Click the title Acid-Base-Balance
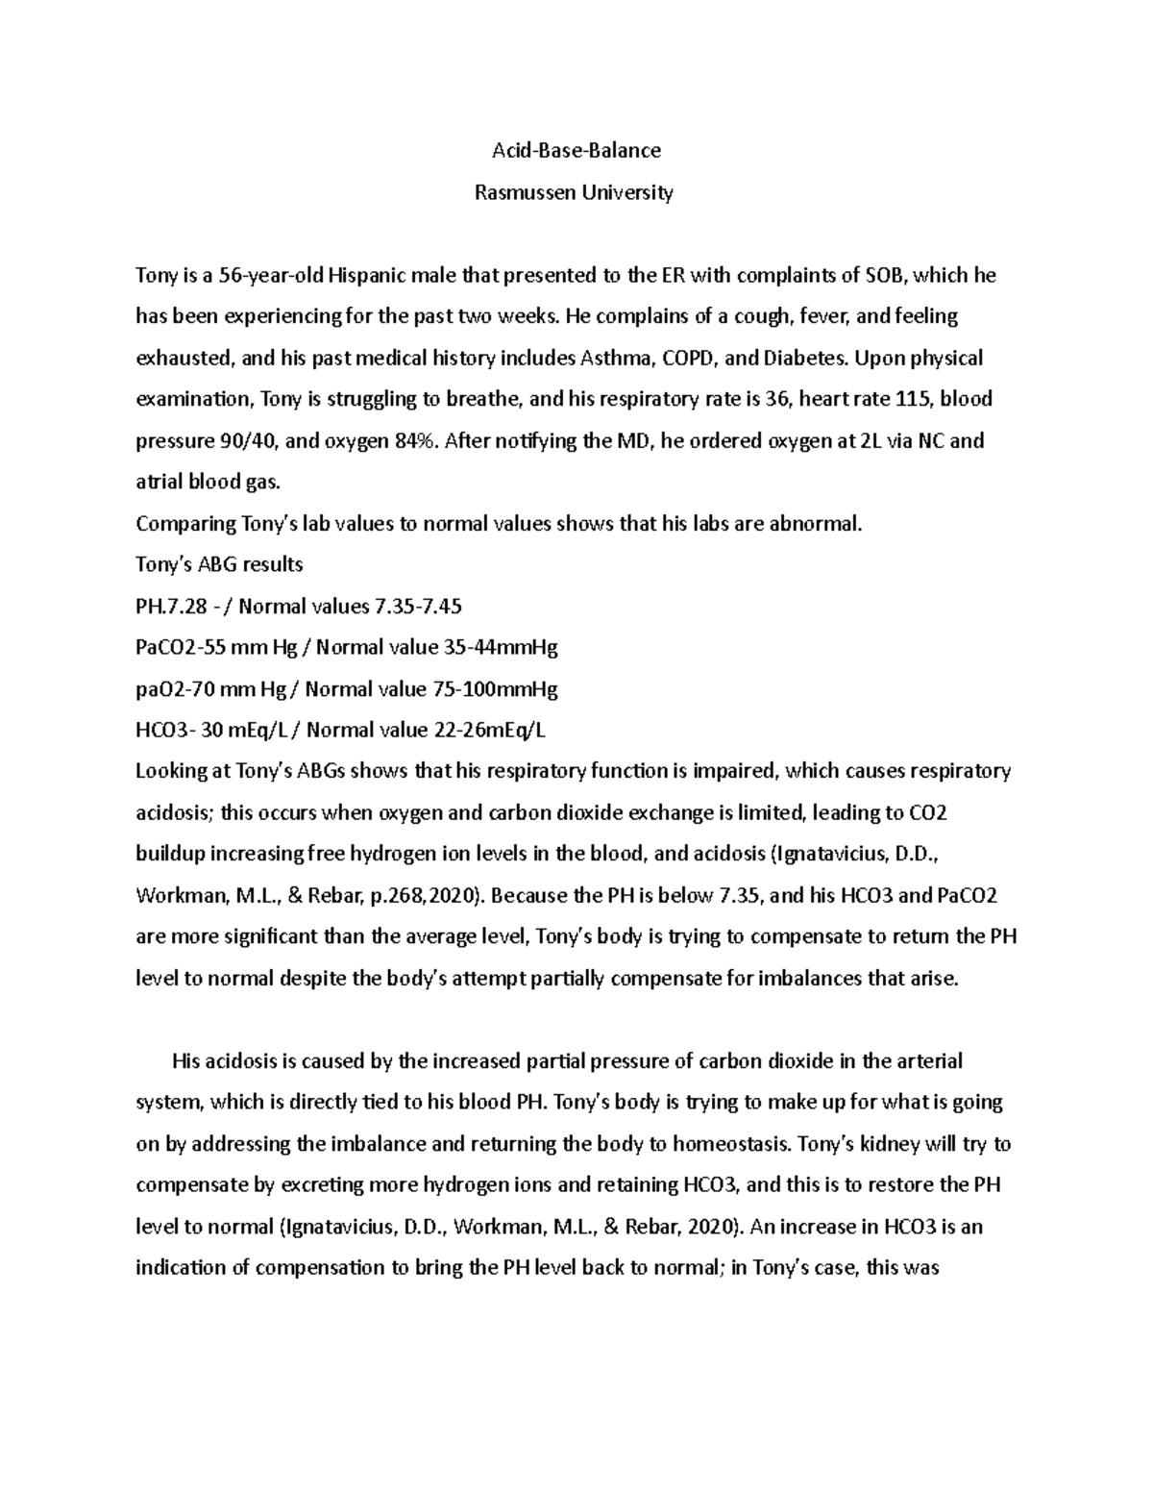[x=576, y=151]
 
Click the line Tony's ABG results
[x=220, y=565]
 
